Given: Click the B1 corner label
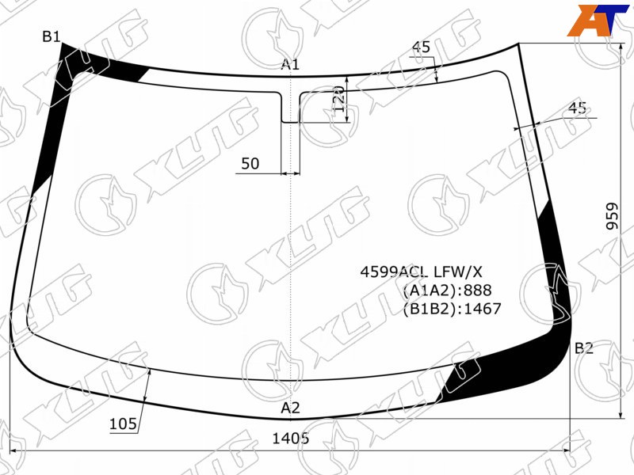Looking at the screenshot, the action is click(52, 36).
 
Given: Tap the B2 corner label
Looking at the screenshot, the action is click(584, 348).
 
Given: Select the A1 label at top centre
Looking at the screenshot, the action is click(290, 64).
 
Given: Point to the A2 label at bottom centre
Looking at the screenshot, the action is click(290, 408).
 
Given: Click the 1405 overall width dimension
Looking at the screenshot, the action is click(291, 438).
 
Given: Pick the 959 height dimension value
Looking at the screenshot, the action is click(613, 216).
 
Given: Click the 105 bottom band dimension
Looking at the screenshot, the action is click(124, 424).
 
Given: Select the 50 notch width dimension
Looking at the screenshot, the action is click(250, 164).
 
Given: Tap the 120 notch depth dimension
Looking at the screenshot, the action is click(339, 99).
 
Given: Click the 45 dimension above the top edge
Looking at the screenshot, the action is click(422, 47).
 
